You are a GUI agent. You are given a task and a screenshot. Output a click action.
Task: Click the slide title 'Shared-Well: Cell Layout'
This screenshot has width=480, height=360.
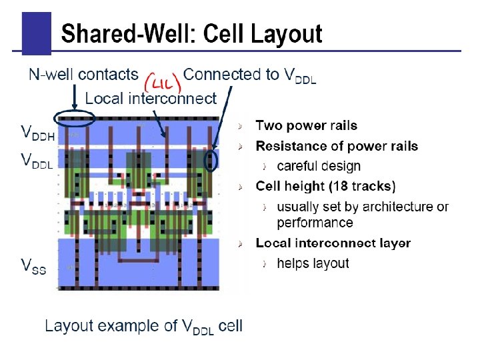(x=191, y=33)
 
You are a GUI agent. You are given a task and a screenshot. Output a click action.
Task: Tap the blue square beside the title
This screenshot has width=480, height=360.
(x=36, y=33)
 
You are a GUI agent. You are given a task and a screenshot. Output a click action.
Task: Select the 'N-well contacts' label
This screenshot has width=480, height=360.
(x=83, y=74)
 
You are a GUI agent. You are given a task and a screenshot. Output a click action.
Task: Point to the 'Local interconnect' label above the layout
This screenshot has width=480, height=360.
(x=151, y=99)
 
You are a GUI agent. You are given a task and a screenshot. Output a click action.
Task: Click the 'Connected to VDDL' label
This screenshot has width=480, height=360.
(x=249, y=75)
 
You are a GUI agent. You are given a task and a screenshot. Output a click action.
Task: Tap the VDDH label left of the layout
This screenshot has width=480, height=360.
(x=37, y=133)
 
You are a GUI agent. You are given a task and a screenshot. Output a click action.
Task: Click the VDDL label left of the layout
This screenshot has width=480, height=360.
(x=37, y=160)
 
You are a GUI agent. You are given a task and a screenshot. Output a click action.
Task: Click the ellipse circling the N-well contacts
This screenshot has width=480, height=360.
(x=74, y=119)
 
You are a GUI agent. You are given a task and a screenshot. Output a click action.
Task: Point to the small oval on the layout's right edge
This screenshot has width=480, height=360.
(x=211, y=161)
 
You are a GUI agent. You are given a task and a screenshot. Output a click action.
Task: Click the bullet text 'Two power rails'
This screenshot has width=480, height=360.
(x=306, y=125)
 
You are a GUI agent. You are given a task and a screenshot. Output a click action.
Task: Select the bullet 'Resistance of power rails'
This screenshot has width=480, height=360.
(x=337, y=146)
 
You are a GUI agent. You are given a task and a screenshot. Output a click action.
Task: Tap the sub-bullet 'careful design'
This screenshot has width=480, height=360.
(x=318, y=166)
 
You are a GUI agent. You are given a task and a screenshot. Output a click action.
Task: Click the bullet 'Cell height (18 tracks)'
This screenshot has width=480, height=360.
(x=325, y=186)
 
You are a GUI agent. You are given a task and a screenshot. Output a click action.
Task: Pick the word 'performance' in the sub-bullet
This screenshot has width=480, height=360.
(x=315, y=223)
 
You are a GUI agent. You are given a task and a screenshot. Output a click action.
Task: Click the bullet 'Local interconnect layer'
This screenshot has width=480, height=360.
(x=333, y=243)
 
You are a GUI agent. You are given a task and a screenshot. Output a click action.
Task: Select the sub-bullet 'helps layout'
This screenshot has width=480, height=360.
(x=313, y=263)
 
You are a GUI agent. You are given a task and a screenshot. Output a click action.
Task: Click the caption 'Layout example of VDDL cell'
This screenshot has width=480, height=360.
(x=143, y=326)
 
